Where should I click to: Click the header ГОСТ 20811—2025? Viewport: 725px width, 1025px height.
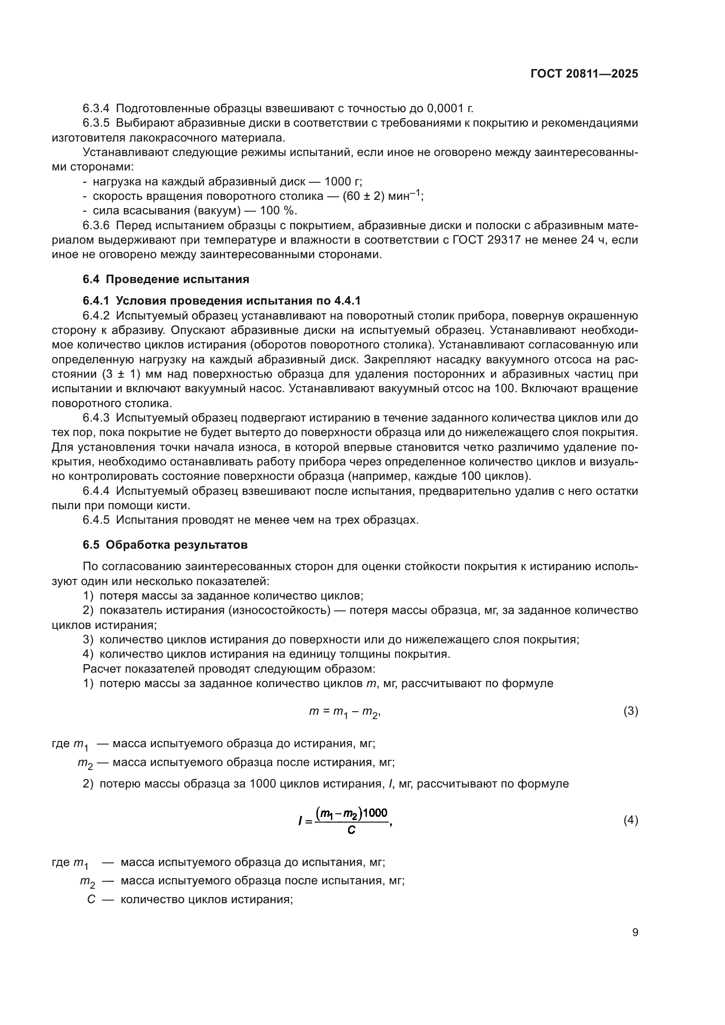pyautogui.click(x=584, y=74)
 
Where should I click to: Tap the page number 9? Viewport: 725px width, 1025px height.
pyautogui.click(x=635, y=932)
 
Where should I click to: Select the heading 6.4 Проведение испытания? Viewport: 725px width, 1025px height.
pyautogui.click(x=166, y=280)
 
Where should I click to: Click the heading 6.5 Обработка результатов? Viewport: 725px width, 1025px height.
pyautogui.click(x=165, y=545)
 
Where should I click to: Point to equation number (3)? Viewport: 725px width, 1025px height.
pyautogui.click(x=630, y=711)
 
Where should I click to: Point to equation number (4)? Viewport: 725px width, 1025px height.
pyautogui.click(x=630, y=820)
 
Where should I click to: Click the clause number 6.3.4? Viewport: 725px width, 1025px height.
pyautogui.click(x=96, y=109)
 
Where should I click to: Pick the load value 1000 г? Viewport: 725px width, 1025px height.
pyautogui.click(x=342, y=182)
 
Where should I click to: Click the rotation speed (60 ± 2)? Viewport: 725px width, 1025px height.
pyautogui.click(x=363, y=196)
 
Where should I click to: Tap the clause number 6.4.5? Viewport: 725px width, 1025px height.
pyautogui.click(x=96, y=520)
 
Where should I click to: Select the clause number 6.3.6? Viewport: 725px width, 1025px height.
pyautogui.click(x=96, y=225)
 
